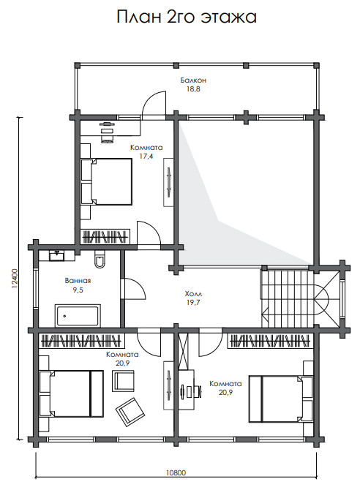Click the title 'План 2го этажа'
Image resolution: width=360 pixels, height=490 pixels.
pyautogui.click(x=187, y=17)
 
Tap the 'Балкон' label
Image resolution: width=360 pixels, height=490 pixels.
pyautogui.click(x=193, y=80)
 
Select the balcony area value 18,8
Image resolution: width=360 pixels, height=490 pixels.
pyautogui.click(x=193, y=89)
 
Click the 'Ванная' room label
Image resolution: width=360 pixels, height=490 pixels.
pyautogui.click(x=78, y=281)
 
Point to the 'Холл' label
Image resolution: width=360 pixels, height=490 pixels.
pyautogui.click(x=193, y=294)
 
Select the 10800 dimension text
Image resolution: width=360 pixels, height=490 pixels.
pyautogui.click(x=176, y=472)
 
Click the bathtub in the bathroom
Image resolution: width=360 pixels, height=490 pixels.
pyautogui.click(x=78, y=315)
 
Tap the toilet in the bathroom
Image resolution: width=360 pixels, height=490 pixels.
pyautogui.click(x=100, y=259)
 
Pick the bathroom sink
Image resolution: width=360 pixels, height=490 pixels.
pyautogui.click(x=56, y=255)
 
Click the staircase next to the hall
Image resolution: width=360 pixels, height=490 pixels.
pyautogui.click(x=287, y=298)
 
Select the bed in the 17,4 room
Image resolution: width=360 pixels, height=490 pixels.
pyautogui.click(x=106, y=181)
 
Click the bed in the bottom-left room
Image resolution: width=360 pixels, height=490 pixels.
pyautogui.click(x=72, y=393)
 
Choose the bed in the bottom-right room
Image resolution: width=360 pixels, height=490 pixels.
pyautogui.click(x=280, y=399)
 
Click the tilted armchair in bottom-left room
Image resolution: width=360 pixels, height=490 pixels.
pyautogui.click(x=130, y=412)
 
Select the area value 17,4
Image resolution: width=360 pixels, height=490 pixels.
pyautogui.click(x=146, y=157)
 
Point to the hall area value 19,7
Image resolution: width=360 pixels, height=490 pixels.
pyautogui.click(x=193, y=303)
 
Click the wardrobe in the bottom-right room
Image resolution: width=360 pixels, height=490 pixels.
pyautogui.click(x=270, y=341)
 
